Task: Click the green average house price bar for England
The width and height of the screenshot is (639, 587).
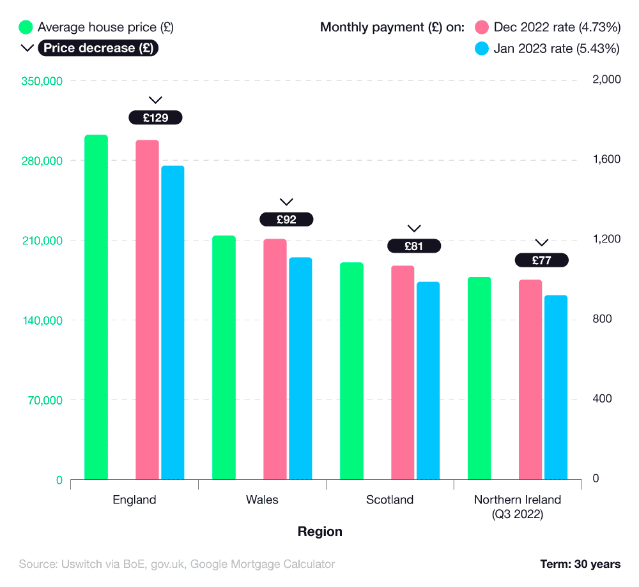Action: [96, 306]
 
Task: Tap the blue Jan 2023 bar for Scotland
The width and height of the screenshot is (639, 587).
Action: [428, 380]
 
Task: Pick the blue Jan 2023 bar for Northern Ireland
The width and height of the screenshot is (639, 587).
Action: [556, 387]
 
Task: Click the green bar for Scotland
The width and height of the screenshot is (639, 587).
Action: [351, 370]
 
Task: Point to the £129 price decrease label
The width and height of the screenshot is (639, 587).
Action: [155, 117]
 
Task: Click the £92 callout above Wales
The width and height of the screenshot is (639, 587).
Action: [286, 219]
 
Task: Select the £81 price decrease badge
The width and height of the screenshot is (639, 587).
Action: [414, 246]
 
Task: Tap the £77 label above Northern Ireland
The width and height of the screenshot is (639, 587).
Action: [542, 260]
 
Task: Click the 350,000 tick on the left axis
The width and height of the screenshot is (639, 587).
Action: [42, 81]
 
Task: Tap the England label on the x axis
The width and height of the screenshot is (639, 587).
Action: [134, 500]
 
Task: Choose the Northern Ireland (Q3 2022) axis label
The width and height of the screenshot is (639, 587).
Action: [518, 507]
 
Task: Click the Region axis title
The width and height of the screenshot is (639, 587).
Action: [320, 531]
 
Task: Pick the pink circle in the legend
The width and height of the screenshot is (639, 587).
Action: [482, 27]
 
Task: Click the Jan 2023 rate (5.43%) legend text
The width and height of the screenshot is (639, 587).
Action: [557, 48]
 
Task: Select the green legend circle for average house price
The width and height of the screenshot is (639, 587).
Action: [26, 27]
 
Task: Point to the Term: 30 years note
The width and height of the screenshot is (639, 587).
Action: [580, 564]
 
